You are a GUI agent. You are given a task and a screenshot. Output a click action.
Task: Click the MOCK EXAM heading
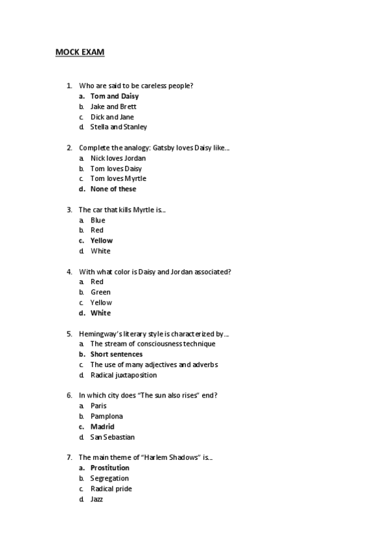[80, 51]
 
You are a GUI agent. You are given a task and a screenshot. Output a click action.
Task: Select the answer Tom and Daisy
[115, 96]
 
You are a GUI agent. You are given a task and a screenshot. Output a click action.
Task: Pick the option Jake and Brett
[113, 106]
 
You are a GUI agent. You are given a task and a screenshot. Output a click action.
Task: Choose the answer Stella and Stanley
[119, 127]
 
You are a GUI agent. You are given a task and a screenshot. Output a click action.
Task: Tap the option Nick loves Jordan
[118, 158]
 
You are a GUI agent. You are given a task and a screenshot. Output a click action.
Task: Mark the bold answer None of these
[113, 189]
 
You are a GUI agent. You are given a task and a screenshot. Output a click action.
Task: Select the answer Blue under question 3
[98, 220]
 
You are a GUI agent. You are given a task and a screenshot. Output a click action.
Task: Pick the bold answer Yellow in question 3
[102, 241]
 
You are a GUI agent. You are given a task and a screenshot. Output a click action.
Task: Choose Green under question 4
[100, 292]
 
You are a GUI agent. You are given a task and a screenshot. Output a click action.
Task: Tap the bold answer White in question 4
[100, 313]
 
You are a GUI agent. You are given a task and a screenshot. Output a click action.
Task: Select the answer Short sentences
[117, 354]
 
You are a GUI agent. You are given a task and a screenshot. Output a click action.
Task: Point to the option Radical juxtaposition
[123, 375]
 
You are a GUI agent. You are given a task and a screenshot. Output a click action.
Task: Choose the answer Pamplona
[107, 416]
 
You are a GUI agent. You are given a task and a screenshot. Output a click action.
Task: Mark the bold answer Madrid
[102, 427]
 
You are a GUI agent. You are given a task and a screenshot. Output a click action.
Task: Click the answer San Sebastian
[113, 437]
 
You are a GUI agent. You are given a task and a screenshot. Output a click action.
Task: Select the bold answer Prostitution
[110, 468]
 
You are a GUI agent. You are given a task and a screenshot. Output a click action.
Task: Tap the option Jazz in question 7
[97, 499]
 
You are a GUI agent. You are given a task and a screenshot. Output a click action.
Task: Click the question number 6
[69, 395]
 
